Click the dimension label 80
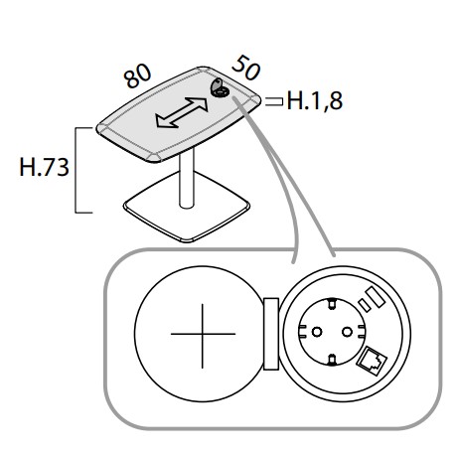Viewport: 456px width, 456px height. [137, 76]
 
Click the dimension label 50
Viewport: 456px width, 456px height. [246, 68]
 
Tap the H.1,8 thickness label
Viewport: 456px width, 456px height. [315, 100]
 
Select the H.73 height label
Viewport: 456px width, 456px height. [45, 167]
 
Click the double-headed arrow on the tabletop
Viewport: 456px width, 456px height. [182, 112]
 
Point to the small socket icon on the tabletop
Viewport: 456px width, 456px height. [220, 88]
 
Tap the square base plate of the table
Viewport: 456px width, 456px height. [187, 207]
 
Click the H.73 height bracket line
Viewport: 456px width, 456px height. [76, 170]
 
